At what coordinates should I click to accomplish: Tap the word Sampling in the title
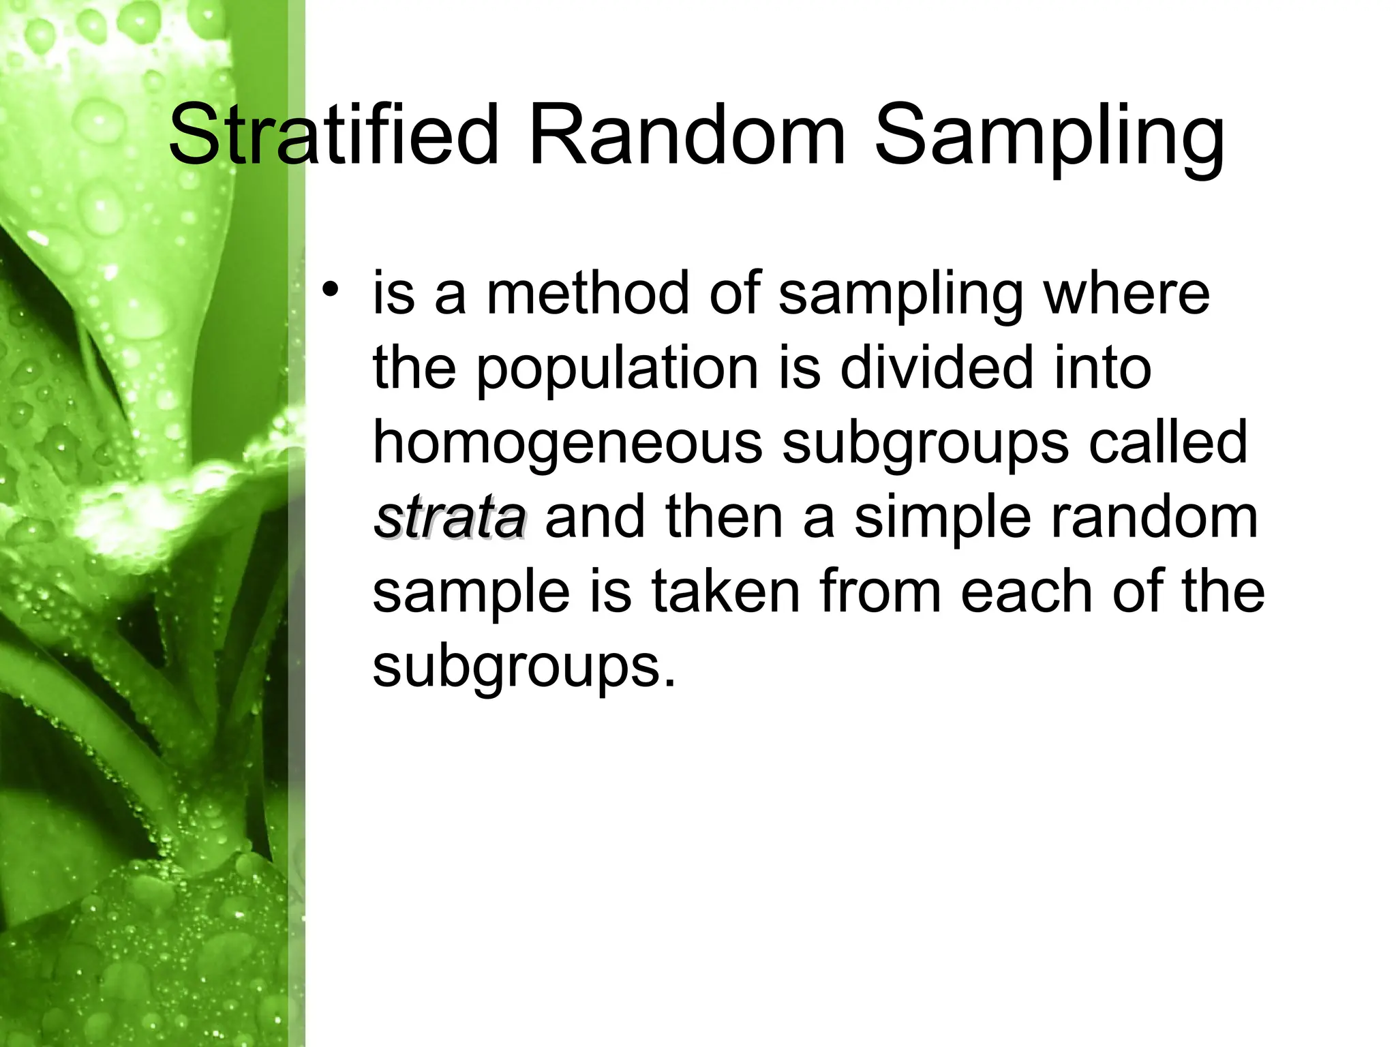(1050, 140)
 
